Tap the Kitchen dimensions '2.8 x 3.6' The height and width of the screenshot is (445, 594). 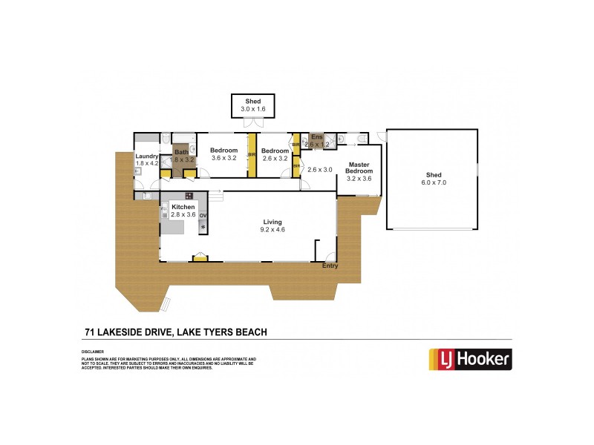click(183, 214)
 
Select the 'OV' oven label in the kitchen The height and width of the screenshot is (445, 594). click(203, 215)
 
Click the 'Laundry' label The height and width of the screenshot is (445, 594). click(146, 156)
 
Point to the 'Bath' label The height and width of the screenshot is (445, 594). click(181, 152)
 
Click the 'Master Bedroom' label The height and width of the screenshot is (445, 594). click(359, 168)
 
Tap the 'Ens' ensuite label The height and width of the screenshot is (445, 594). click(317, 136)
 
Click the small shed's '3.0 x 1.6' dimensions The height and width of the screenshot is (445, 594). click(252, 109)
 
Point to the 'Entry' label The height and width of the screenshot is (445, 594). click(330, 266)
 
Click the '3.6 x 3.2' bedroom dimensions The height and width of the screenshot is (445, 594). click(223, 158)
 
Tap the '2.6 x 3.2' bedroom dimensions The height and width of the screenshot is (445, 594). click(274, 158)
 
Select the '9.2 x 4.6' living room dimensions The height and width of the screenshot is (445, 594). click(272, 230)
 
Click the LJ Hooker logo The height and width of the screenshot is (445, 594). click(470, 359)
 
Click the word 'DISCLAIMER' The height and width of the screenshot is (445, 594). click(92, 352)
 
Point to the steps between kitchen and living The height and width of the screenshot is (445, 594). click(215, 195)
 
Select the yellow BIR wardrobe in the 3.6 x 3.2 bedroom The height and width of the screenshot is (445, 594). click(252, 154)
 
